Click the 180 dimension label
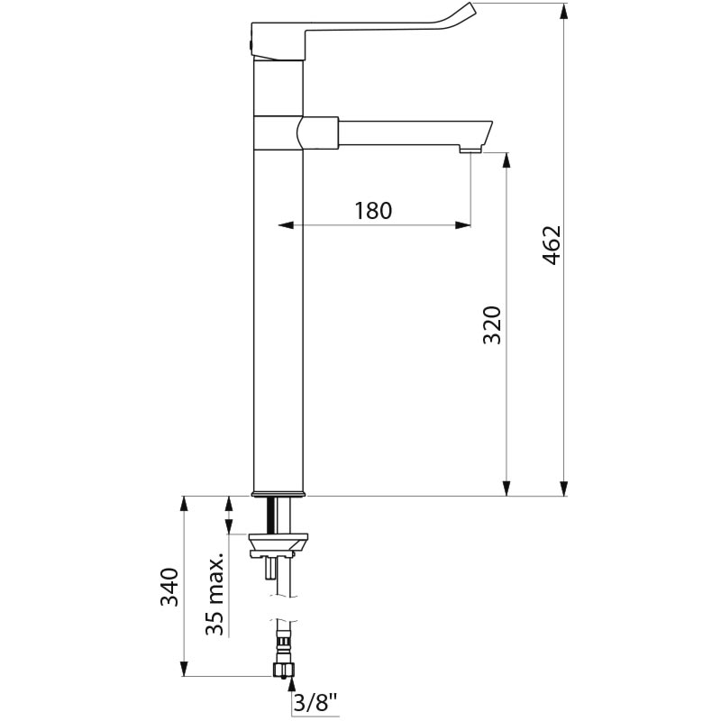pos(373,211)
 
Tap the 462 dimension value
pos(552,245)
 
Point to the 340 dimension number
pos(169,588)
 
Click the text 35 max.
pos(214,593)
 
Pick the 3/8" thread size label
pos(315,703)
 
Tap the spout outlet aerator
pos(470,149)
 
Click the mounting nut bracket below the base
pos(278,546)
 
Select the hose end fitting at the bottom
pos(283,669)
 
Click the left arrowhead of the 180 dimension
pos(286,224)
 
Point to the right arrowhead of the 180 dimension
pos(463,224)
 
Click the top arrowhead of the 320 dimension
pos(507,160)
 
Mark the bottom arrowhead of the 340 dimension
pos(184,668)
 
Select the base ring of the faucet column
pos(279,494)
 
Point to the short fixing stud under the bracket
pos(269,568)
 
